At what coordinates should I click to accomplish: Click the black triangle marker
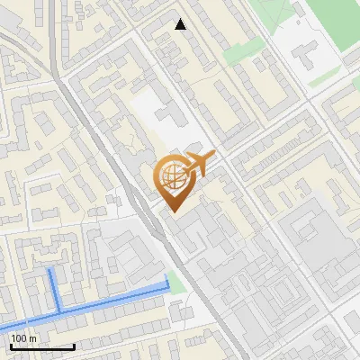pyautogui.click(x=181, y=24)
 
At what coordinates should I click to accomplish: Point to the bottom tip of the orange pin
pyautogui.click(x=175, y=212)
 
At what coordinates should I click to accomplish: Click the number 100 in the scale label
pyautogui.click(x=20, y=338)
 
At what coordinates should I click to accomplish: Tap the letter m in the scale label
pyautogui.click(x=33, y=338)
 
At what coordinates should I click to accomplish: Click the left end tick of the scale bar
pyautogui.click(x=10, y=346)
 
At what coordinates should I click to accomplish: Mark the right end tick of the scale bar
pyautogui.click(x=75, y=346)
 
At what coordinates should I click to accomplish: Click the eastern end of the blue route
pyautogui.click(x=167, y=285)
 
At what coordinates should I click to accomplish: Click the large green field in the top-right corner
pyautogui.click(x=279, y=13)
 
